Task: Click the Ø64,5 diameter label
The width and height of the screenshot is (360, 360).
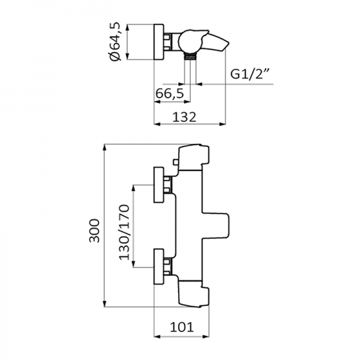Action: (117, 43)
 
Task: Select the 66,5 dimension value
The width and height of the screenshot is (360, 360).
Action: (169, 94)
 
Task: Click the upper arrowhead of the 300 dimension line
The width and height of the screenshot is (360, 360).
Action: (105, 147)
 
